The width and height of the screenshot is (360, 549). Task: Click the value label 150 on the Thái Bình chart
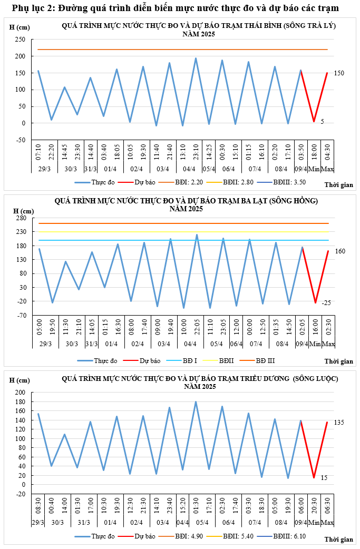[x=339, y=73]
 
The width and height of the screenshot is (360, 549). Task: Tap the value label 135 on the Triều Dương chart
[x=339, y=423]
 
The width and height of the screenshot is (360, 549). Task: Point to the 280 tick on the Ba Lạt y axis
[x=21, y=218]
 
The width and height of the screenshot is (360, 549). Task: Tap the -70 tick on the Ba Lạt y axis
[x=21, y=315]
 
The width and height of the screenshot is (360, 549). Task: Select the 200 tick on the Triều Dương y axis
[x=21, y=393]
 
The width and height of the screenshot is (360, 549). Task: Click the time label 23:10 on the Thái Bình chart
[x=196, y=152]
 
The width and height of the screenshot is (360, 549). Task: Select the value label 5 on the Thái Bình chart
[x=322, y=122]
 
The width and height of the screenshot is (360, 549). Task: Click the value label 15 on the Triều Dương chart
[x=324, y=478]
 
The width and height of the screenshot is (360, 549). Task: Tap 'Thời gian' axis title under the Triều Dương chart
[x=339, y=540]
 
